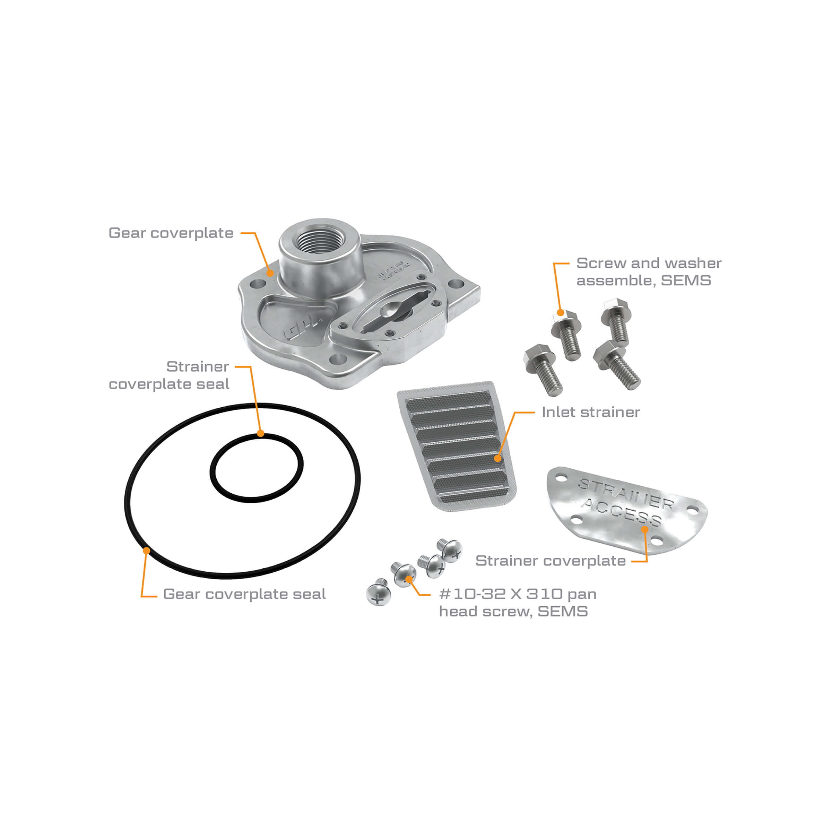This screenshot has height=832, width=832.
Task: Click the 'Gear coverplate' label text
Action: point(171,233)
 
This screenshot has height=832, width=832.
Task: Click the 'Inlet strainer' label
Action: point(590,412)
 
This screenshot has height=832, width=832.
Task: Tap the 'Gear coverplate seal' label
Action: point(244,594)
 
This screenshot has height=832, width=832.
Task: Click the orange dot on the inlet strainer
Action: point(497,458)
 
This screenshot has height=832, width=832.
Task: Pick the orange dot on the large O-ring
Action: point(146,551)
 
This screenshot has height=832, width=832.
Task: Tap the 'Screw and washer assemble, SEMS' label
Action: point(648,271)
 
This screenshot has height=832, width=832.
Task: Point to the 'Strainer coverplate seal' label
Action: point(169,375)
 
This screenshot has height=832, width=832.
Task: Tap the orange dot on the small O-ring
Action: point(261,434)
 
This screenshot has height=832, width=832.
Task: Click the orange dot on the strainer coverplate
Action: point(645,529)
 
